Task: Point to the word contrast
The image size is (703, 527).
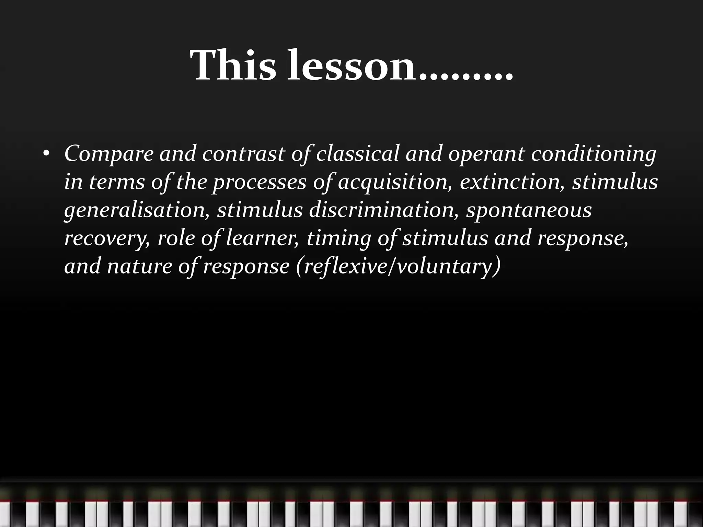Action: (x=244, y=153)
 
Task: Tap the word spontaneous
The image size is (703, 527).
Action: (x=529, y=210)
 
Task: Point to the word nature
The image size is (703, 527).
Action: (x=139, y=266)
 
